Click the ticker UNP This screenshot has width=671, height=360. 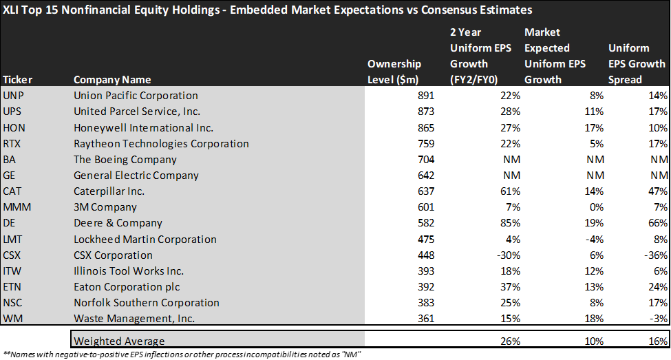[13, 96]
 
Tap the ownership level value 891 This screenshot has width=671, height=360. [425, 96]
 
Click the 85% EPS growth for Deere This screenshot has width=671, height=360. [511, 223]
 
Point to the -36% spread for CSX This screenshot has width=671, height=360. [657, 255]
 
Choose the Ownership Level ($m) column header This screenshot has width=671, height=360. [401, 72]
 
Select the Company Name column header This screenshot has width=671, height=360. [112, 79]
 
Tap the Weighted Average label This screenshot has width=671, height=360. [119, 341]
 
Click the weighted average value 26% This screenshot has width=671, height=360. [511, 341]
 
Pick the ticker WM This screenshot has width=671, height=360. [12, 319]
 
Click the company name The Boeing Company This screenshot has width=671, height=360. [116, 160]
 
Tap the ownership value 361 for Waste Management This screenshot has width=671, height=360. [425, 319]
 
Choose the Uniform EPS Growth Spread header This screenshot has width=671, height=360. [637, 63]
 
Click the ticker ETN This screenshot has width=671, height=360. [12, 287]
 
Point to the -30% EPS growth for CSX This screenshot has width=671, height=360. [509, 255]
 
